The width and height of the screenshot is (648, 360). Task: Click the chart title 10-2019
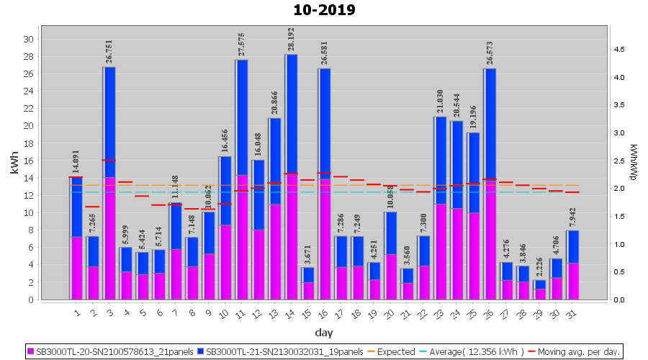coord(324,11)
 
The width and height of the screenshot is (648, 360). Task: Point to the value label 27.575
coord(241,44)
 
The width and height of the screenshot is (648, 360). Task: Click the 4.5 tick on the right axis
coord(618,49)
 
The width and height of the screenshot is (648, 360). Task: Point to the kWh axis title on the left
coord(15,166)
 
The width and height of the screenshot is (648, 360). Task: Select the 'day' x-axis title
coord(323,332)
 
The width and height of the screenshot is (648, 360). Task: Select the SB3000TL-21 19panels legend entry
coord(281,352)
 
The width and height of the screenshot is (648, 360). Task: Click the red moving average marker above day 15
coord(307,180)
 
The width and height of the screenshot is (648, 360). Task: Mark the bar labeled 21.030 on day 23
coord(440,208)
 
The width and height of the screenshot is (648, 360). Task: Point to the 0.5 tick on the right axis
coord(618,272)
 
